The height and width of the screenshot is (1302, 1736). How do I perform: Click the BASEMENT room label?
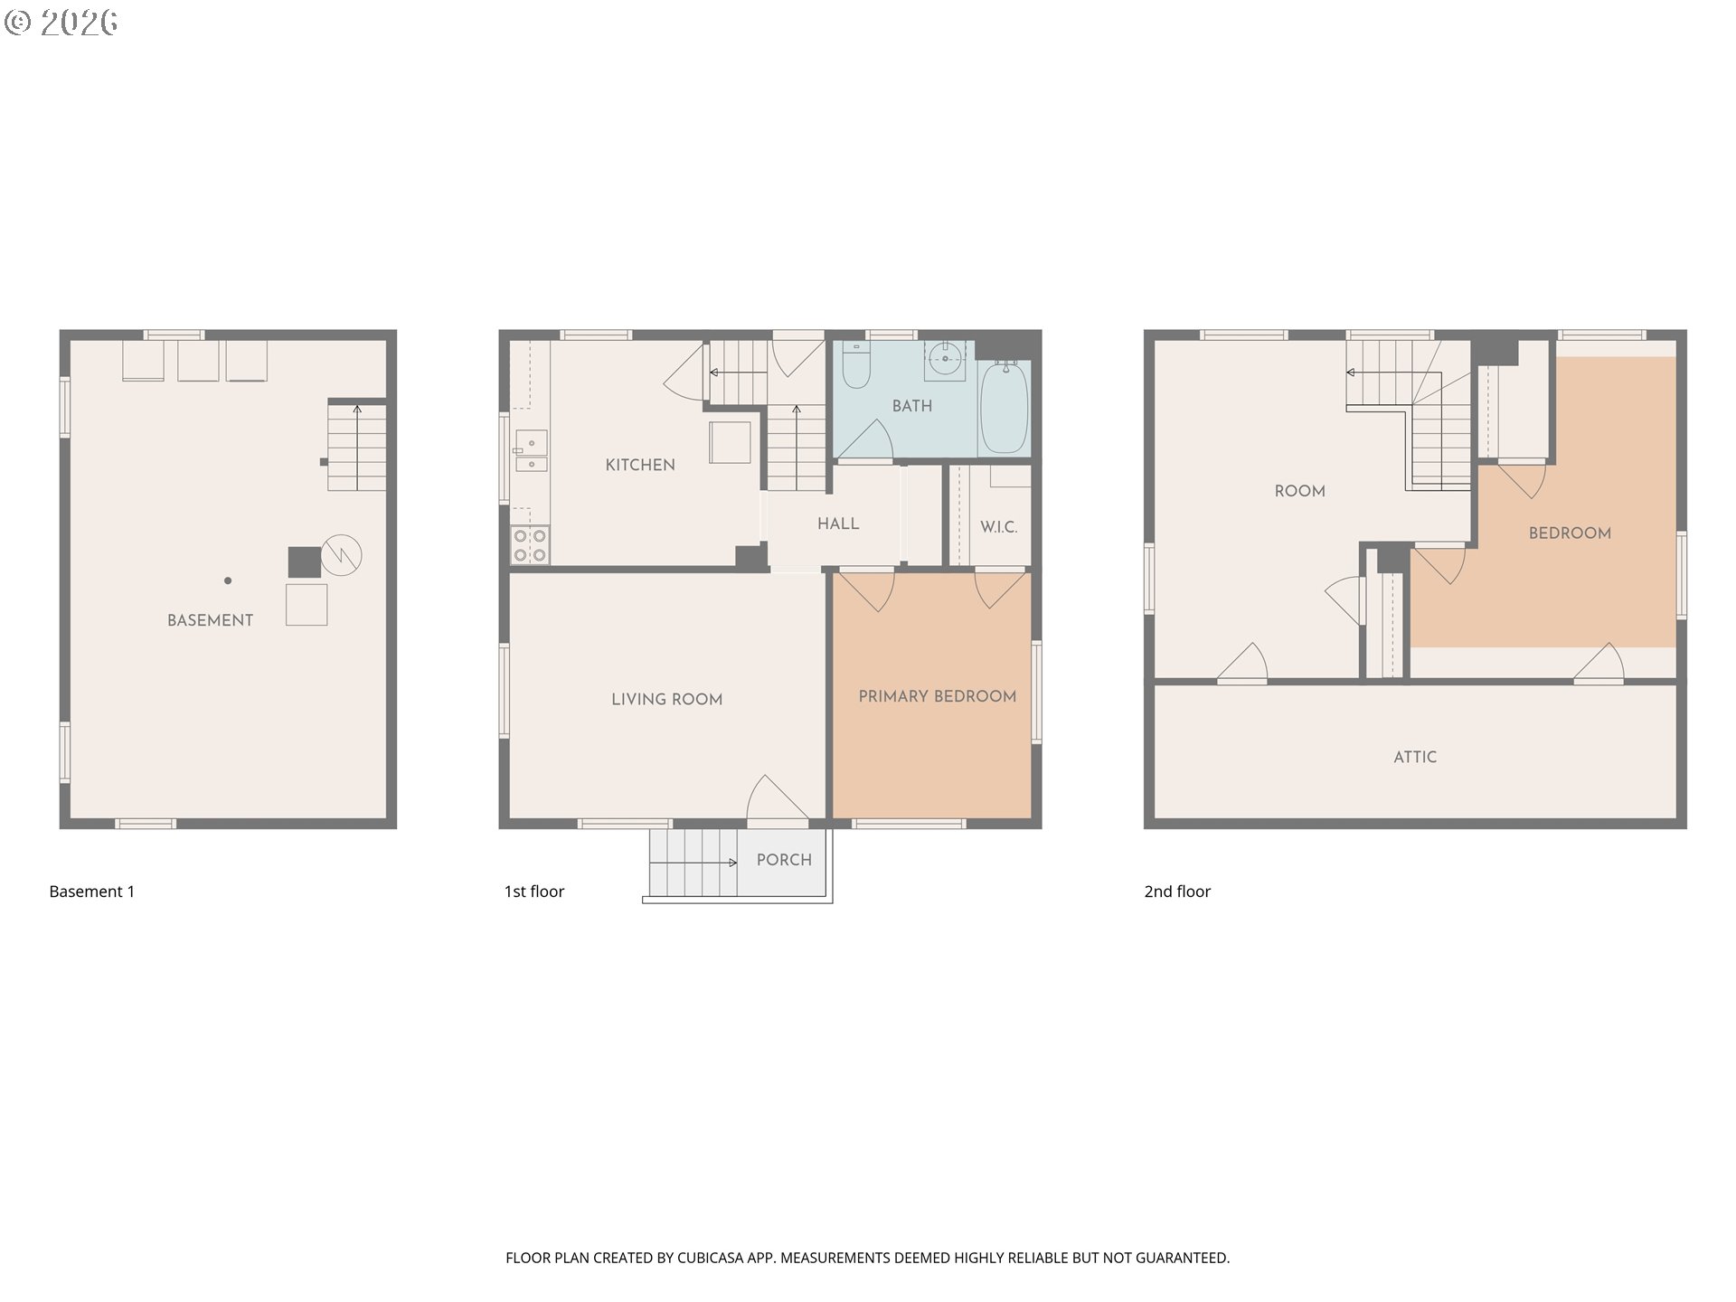click(x=210, y=620)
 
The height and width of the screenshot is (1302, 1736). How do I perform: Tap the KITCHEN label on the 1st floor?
click(x=640, y=465)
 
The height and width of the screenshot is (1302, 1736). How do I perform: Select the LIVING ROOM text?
click(x=666, y=699)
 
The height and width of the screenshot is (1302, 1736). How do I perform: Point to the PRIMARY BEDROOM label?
click(x=937, y=696)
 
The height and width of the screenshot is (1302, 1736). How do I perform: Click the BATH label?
click(x=911, y=406)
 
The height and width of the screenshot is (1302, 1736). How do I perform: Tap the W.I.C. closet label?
click(x=998, y=527)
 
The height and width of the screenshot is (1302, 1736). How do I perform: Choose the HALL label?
click(x=838, y=524)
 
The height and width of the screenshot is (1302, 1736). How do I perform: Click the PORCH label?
click(x=784, y=860)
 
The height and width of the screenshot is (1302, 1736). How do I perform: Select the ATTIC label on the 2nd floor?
click(x=1415, y=758)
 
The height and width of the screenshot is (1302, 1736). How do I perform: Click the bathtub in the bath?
click(x=1004, y=407)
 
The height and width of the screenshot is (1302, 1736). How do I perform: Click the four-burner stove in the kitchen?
click(x=530, y=545)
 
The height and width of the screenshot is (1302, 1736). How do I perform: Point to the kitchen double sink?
click(x=531, y=451)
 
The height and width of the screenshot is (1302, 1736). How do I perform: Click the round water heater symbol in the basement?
click(x=341, y=554)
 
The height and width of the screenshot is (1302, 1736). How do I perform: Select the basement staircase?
click(x=357, y=448)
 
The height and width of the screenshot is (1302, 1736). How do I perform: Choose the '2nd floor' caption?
click(x=1177, y=892)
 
